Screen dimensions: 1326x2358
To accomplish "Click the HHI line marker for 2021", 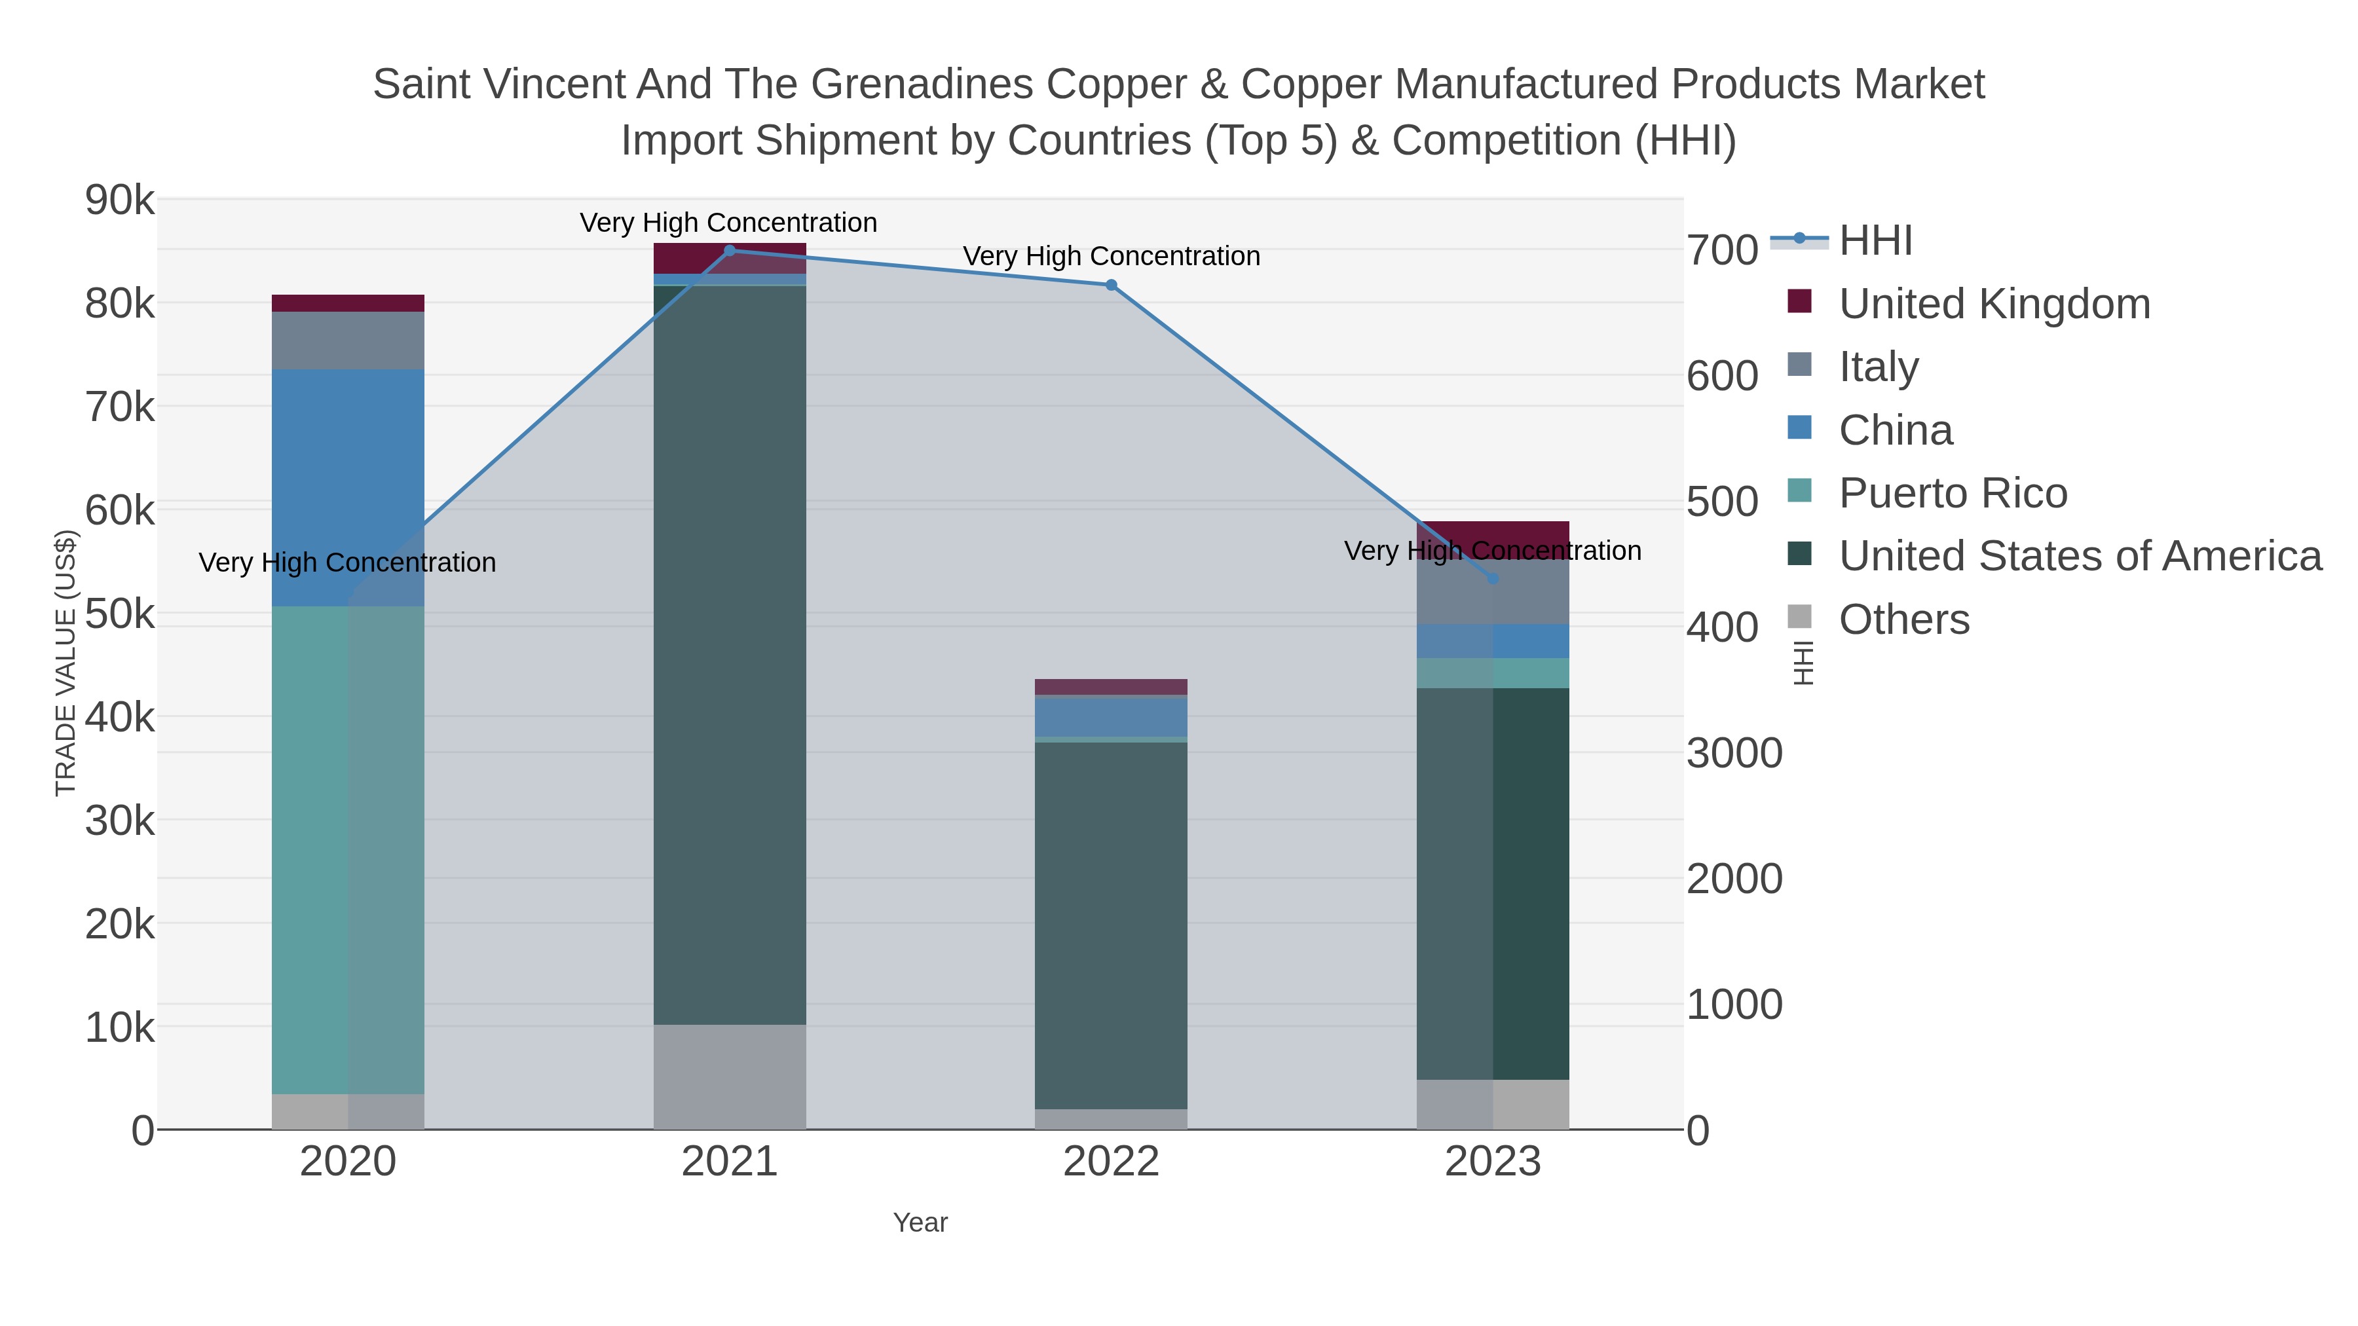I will pyautogui.click(x=730, y=251).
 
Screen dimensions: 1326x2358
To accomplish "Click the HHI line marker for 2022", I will pyautogui.click(x=1112, y=285).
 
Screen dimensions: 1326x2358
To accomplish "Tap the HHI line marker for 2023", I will pyautogui.click(x=1493, y=578).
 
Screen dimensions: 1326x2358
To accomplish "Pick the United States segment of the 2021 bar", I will pyautogui.click(x=730, y=654).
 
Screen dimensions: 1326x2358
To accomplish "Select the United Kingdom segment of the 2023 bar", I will pyautogui.click(x=1493, y=534).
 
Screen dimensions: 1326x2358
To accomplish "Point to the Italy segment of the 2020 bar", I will pyautogui.click(x=348, y=341).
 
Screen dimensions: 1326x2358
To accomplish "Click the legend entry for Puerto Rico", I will pyautogui.click(x=1953, y=493).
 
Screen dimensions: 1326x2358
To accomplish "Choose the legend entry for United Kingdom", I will pyautogui.click(x=1994, y=304).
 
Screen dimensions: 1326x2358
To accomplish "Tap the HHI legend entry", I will pyautogui.click(x=1875, y=241).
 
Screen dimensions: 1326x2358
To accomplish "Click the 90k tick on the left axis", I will pyautogui.click(x=120, y=200).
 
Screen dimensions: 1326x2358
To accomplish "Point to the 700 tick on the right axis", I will pyautogui.click(x=1722, y=251).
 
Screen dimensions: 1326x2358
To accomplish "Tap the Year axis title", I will pyautogui.click(x=920, y=1223).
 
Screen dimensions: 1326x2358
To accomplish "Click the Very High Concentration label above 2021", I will pyautogui.click(x=728, y=223).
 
